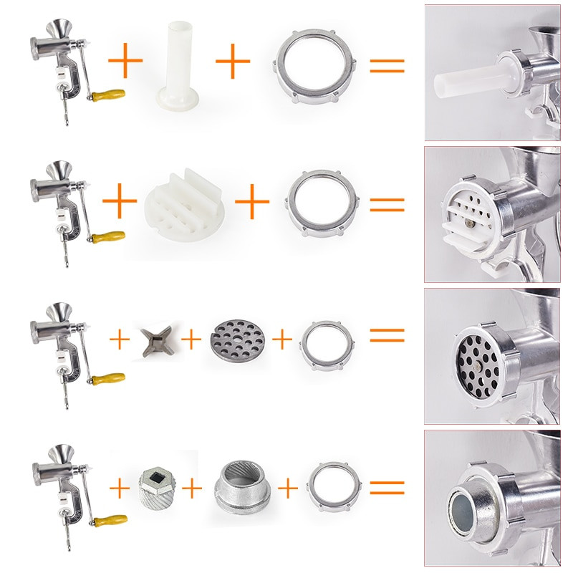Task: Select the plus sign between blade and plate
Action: coord(191,339)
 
